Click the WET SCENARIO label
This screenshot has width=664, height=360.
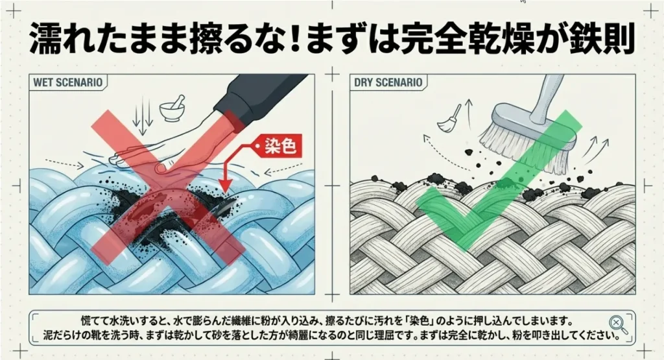tap(67, 82)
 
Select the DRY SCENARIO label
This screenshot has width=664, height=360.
tap(388, 82)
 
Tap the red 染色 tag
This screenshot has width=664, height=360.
tap(277, 147)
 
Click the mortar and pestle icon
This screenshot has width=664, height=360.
tap(172, 108)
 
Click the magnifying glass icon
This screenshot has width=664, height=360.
tap(618, 325)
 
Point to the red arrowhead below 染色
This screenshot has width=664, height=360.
tap(226, 186)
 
